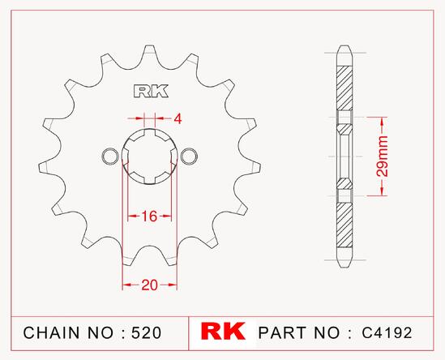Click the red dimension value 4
point(178,119)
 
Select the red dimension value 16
point(149,216)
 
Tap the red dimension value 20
point(150,285)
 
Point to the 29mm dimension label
point(383,156)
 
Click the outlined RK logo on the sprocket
point(151,91)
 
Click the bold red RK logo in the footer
point(223,331)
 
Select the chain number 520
point(147,332)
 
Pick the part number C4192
point(387,332)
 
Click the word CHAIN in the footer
point(51,332)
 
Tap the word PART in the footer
point(282,332)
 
